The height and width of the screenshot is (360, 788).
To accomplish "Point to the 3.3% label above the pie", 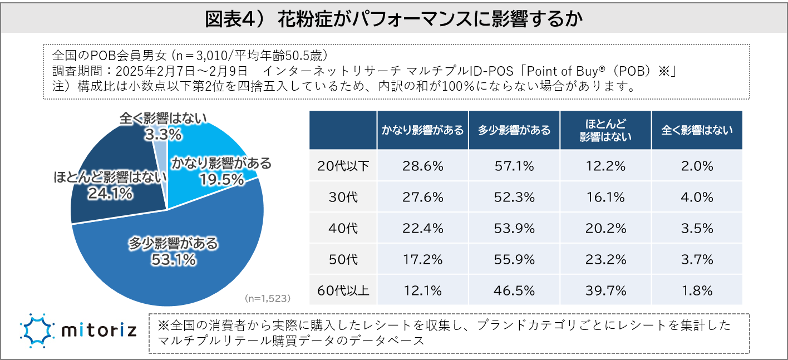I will click(x=162, y=134).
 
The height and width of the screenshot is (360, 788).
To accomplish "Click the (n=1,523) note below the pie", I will click(x=268, y=298).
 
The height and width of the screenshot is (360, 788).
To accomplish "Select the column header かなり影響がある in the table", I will click(x=422, y=130).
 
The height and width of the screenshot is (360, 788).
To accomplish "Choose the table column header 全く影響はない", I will click(x=697, y=130).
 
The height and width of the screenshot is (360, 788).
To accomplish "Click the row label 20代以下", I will click(x=343, y=165).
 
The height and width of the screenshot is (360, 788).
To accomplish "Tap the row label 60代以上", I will click(x=343, y=290).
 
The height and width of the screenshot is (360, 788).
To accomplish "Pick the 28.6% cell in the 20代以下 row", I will click(x=422, y=165).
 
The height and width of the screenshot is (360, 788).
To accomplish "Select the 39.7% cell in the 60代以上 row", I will click(x=605, y=290).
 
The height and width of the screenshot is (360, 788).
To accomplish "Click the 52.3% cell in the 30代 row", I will click(x=514, y=196).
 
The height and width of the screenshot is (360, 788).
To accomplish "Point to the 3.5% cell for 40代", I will click(x=697, y=228).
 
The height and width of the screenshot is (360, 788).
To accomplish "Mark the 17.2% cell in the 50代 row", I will click(x=422, y=259).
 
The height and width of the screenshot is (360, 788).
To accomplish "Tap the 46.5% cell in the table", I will click(x=514, y=290).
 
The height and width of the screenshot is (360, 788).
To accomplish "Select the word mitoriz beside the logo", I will click(x=98, y=331).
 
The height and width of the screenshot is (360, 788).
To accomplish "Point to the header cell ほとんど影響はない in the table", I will click(x=605, y=130).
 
